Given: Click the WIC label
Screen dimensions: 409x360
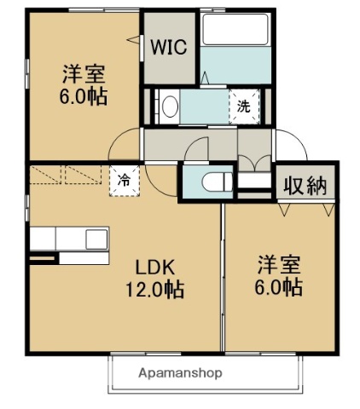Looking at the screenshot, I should pyautogui.click(x=168, y=48).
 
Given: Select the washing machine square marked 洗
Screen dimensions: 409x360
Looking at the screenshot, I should pyautogui.click(x=243, y=107).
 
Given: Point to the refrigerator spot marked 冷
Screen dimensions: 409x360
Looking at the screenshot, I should pyautogui.click(x=125, y=180).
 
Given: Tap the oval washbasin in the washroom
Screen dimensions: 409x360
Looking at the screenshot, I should pyautogui.click(x=170, y=107).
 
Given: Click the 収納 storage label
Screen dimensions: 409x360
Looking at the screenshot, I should pyautogui.click(x=305, y=185).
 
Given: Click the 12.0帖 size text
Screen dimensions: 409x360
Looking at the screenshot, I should pyautogui.click(x=154, y=289).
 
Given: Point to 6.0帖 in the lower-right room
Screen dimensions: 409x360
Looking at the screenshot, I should pyautogui.click(x=275, y=288).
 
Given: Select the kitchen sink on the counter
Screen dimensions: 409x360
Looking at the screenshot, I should pyautogui.click(x=96, y=238).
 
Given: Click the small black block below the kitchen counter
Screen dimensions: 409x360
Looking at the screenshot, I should pyautogui.click(x=44, y=258).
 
